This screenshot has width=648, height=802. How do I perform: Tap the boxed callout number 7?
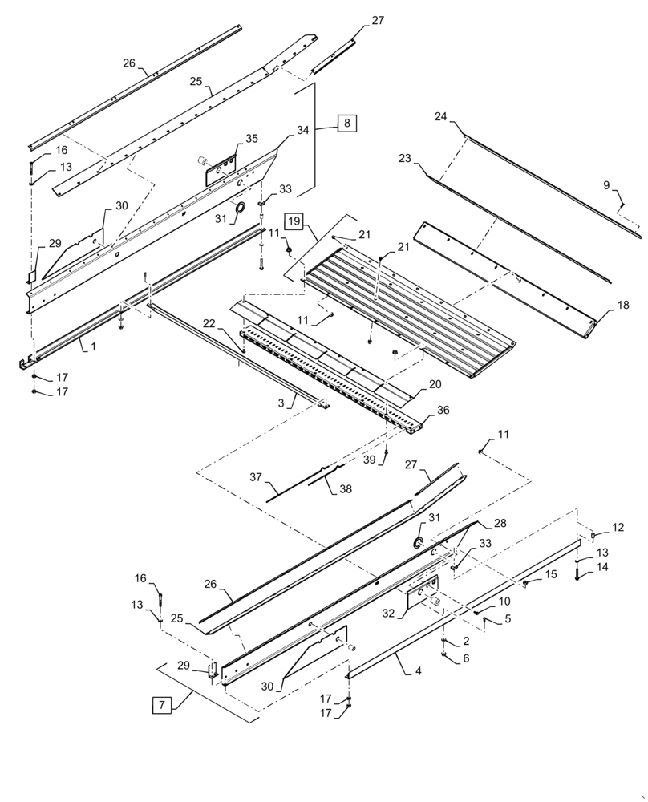162,706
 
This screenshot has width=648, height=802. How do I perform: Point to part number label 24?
440,116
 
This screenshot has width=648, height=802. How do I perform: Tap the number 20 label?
434,384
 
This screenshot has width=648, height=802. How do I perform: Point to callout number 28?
500,523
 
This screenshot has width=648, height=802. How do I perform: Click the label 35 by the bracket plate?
251,139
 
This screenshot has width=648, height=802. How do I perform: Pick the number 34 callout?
280,130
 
